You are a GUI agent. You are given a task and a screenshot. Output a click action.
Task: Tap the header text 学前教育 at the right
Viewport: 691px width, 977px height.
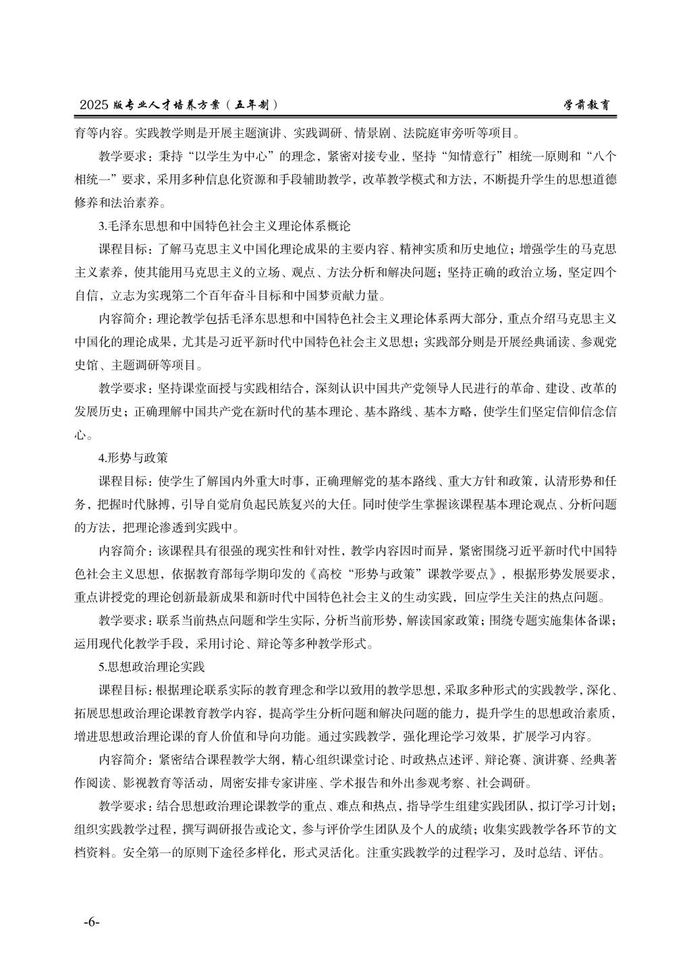click(x=589, y=105)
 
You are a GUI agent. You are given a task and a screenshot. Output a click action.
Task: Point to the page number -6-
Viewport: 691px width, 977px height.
click(x=91, y=922)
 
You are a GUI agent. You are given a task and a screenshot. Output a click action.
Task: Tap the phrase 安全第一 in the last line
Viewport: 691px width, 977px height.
click(x=149, y=852)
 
